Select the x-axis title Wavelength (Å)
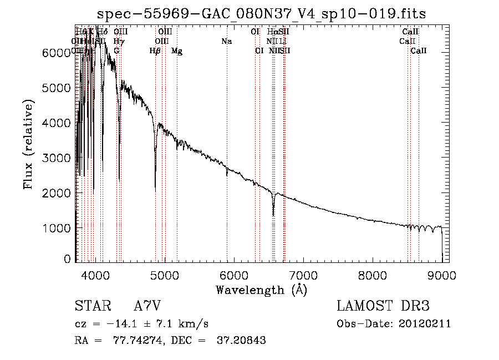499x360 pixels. pos(261,290)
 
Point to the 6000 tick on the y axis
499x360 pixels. pos(58,53)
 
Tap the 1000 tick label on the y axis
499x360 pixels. pos(58,228)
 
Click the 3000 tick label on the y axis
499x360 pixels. pos(58,158)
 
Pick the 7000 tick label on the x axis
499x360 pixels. pos(303,275)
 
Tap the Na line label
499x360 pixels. pos(226,42)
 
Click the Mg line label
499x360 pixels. pos(177,52)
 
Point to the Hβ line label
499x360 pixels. pos(155,52)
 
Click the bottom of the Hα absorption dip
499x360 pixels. pos(273,215)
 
